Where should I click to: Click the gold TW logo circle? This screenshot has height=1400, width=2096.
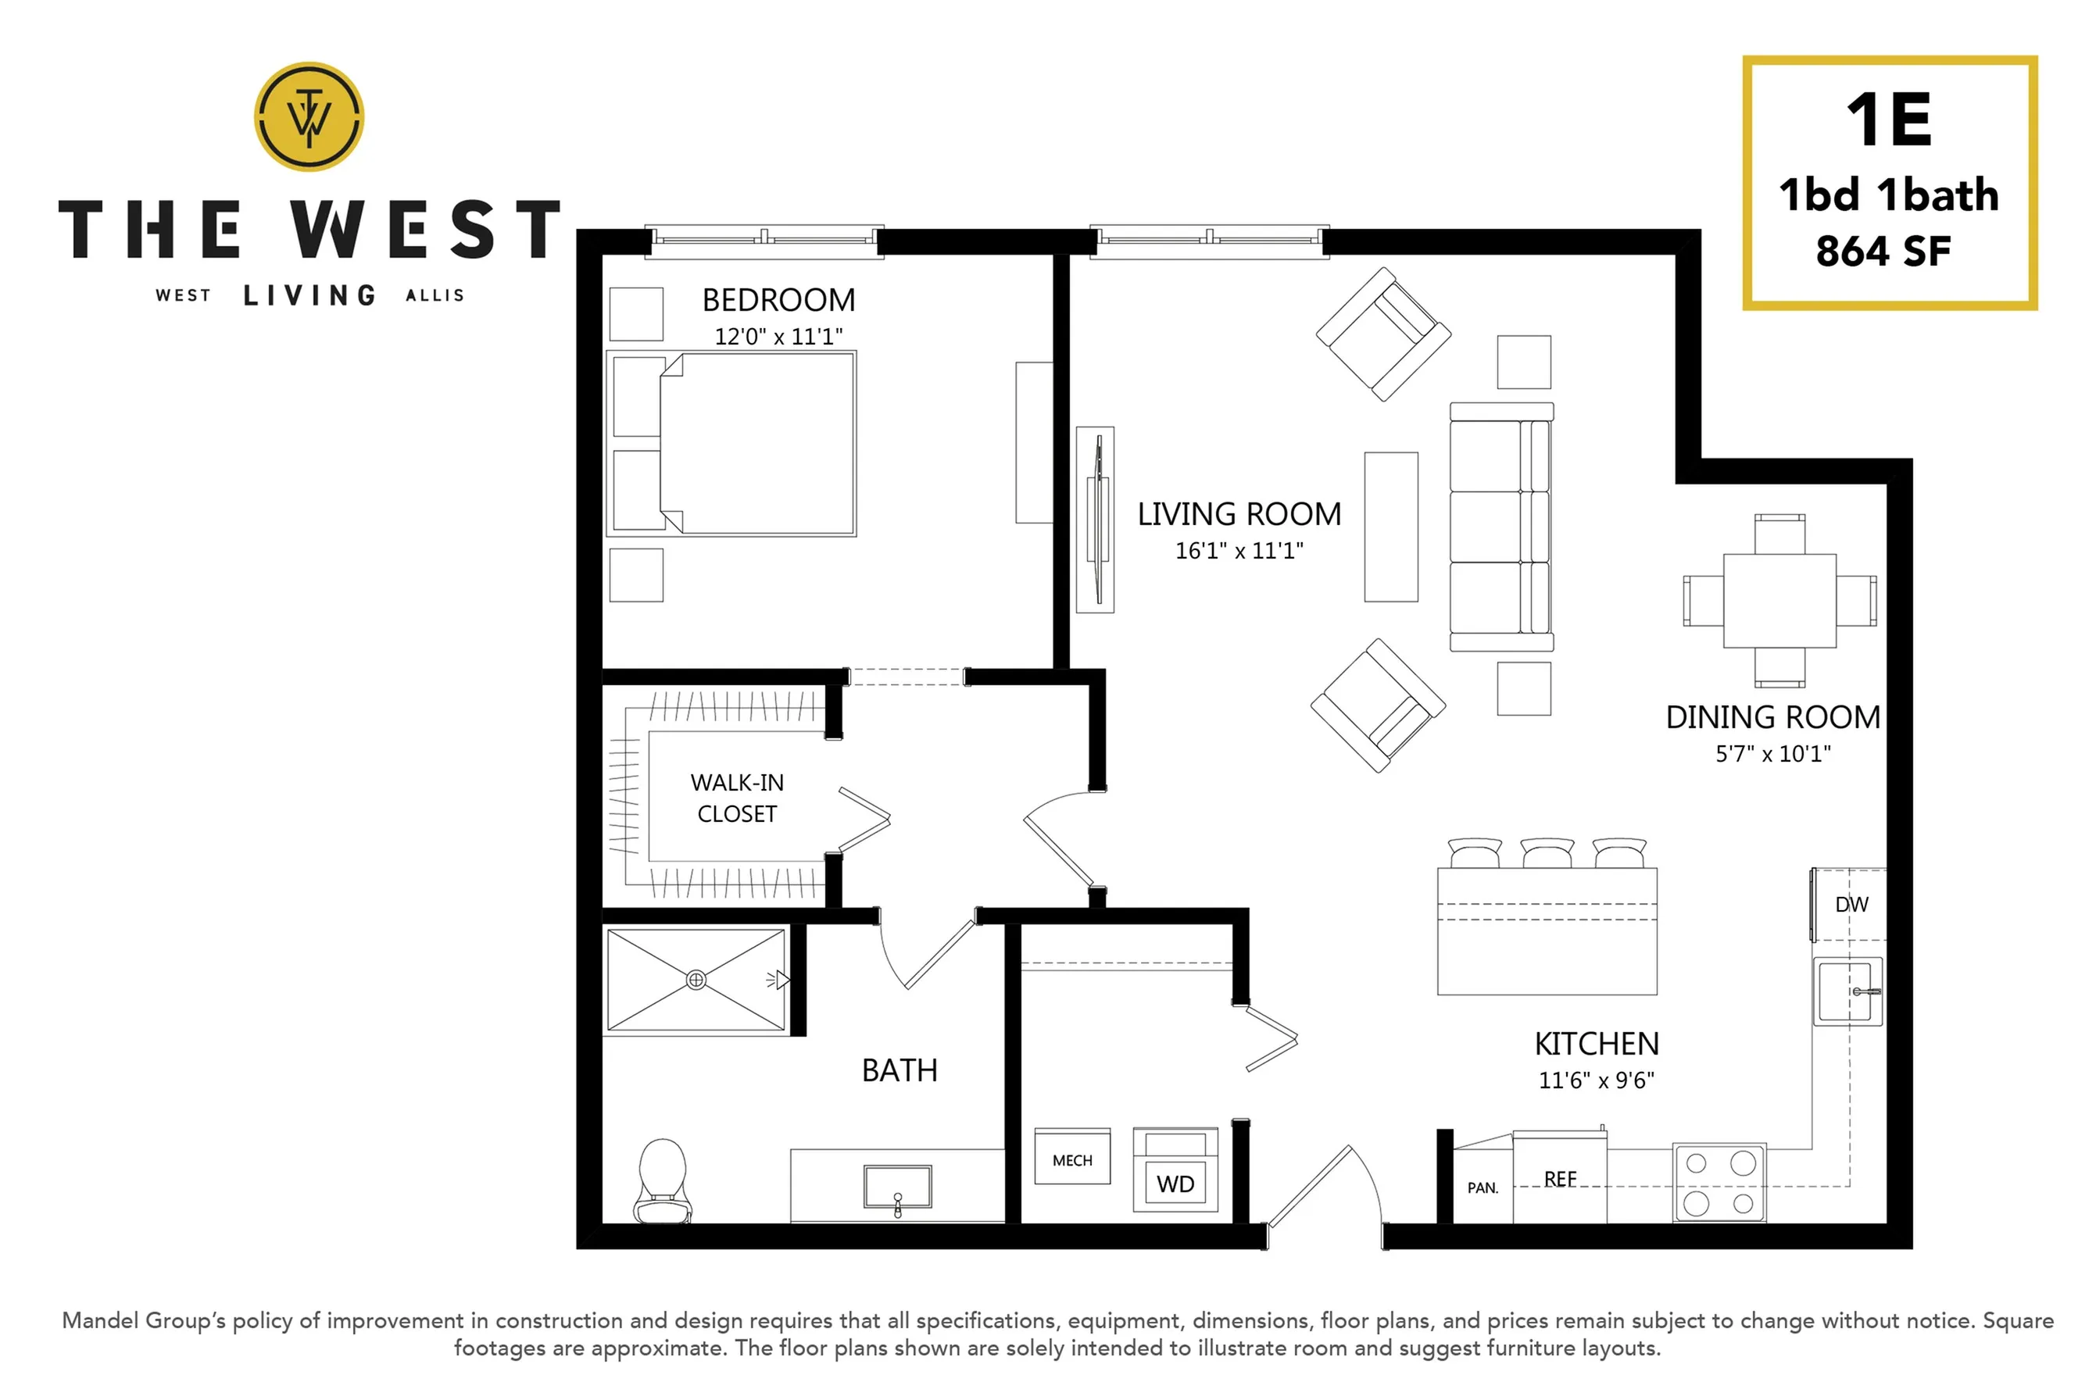coord(309,116)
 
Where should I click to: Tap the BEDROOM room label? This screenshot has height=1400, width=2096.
coord(778,300)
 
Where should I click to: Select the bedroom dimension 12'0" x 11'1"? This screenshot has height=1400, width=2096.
coord(778,337)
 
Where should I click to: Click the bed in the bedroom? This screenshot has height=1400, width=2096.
coord(731,444)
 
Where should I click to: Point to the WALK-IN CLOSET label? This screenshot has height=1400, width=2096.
coord(737,798)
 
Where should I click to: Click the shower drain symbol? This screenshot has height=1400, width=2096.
coord(696,980)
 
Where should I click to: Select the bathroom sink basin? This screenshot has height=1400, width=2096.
coord(897,1187)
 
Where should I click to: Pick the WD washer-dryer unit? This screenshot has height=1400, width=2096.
coord(1175,1170)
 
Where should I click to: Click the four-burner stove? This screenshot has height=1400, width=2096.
coord(1719,1183)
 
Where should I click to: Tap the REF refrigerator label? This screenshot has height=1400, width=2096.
coord(1560,1180)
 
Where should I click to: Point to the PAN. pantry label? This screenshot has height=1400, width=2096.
coord(1483,1188)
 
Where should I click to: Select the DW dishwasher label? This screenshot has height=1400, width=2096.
coord(1851,905)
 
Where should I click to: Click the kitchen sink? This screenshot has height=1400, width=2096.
coord(1847,992)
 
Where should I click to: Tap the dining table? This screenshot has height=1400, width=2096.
coord(1779,601)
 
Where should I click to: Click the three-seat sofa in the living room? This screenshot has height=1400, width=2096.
coord(1501,527)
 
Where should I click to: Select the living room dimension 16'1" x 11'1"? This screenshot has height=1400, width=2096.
coord(1239,551)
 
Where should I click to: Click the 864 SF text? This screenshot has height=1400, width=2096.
coord(1883,252)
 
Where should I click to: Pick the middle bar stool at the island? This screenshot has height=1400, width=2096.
coord(1547,852)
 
